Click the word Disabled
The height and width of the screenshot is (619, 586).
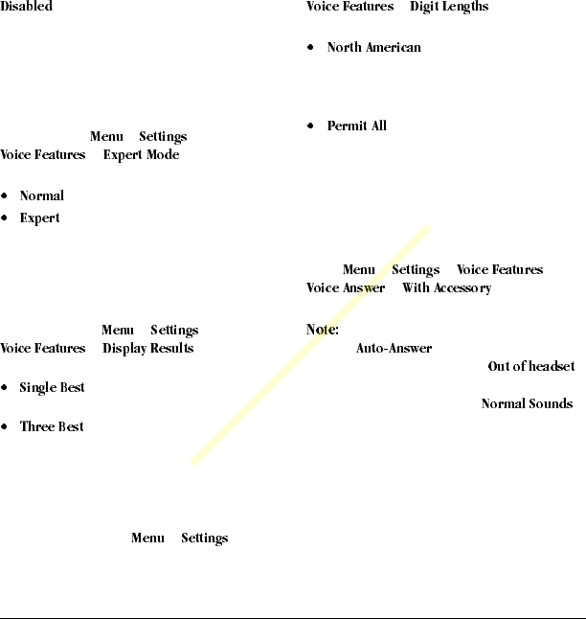(26, 7)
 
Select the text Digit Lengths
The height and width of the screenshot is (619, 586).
(449, 7)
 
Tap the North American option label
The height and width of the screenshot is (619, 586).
(373, 48)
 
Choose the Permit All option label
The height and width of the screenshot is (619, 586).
(356, 126)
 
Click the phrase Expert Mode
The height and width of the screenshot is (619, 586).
(141, 155)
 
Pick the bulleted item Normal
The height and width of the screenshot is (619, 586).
(42, 196)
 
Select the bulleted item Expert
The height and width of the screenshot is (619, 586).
(40, 218)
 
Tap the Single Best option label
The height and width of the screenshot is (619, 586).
(53, 388)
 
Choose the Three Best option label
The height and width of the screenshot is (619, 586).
(52, 427)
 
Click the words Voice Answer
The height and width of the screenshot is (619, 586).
(346, 288)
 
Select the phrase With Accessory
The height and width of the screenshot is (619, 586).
(446, 288)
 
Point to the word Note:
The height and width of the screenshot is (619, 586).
(323, 330)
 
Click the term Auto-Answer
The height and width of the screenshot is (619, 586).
(394, 349)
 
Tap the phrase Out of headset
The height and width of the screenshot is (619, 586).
(530, 367)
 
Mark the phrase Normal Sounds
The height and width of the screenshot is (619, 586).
(527, 404)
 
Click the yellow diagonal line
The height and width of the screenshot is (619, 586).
(311, 346)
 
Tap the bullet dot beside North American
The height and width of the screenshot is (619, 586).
(311, 48)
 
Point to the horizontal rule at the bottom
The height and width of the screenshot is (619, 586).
(293, 617)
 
